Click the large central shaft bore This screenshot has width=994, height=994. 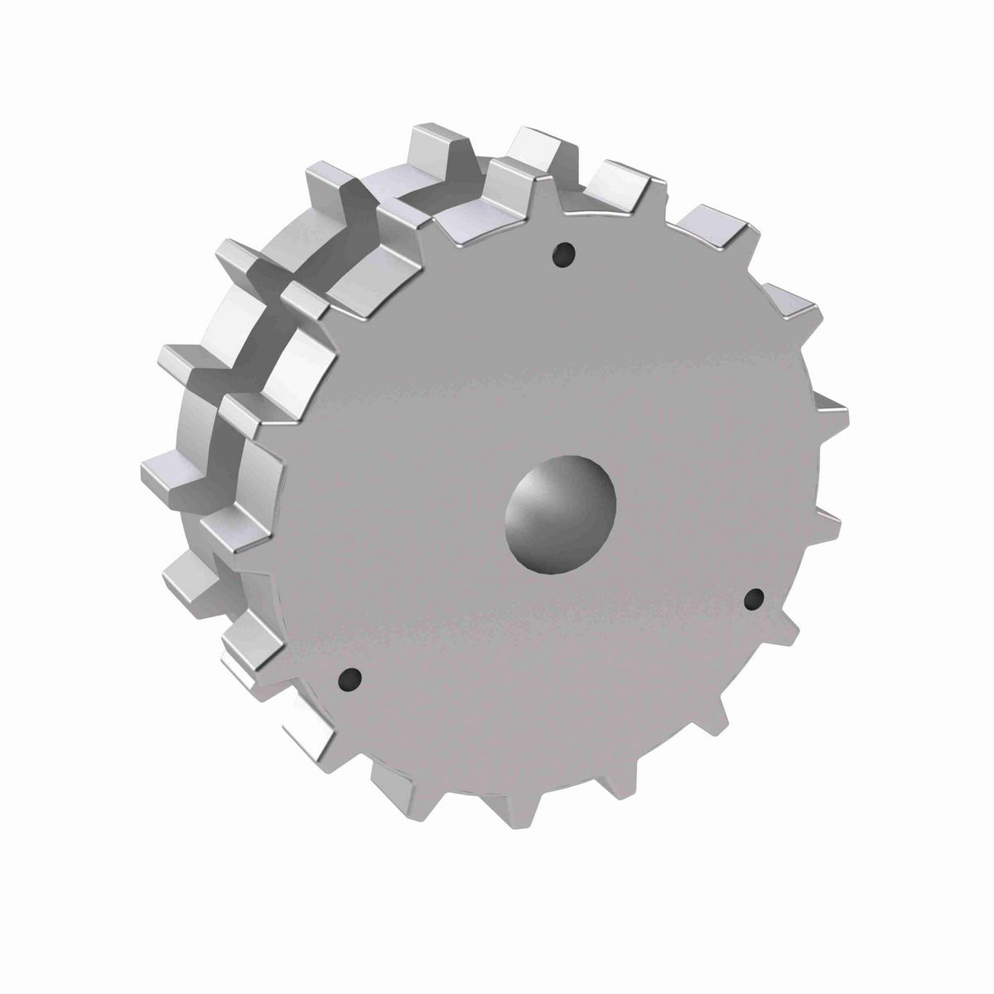(561, 512)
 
